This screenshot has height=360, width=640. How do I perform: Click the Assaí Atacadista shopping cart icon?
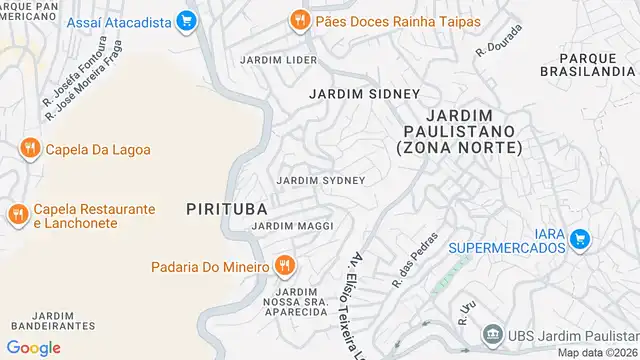coord(185,20)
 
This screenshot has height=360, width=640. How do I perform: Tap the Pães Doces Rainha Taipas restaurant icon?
coord(297,20)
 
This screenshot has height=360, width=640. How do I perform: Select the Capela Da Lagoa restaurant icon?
coord(29,149)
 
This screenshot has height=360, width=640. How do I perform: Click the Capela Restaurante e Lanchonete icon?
coord(17,215)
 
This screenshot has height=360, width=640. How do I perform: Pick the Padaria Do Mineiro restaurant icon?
coord(286,266)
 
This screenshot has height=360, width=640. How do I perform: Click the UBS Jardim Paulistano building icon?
coord(491,334)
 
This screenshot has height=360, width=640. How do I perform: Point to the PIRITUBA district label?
coord(226,208)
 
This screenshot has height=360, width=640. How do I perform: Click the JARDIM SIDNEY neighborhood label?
coord(350,94)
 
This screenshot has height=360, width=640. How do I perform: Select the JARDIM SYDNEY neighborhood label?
coord(320,180)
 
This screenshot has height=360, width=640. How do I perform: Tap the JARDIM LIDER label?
coord(278,60)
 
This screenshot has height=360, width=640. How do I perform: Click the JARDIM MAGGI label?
coord(292,226)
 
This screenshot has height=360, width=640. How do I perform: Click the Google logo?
coord(34,347)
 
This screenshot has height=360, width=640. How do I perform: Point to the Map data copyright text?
coord(597,353)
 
